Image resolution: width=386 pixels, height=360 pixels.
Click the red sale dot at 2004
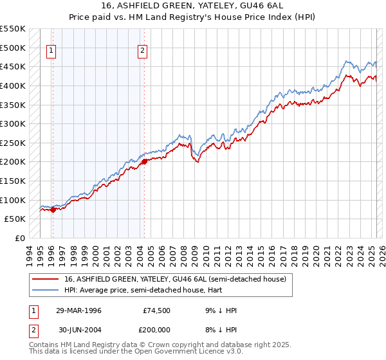tap(144, 161)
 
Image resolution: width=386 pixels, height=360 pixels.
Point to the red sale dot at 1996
tap(52, 209)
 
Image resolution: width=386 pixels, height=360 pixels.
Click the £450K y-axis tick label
tap(13, 66)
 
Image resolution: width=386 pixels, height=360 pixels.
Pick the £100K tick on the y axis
tap(13, 200)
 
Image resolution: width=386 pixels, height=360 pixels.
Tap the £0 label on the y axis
tap(21, 238)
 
